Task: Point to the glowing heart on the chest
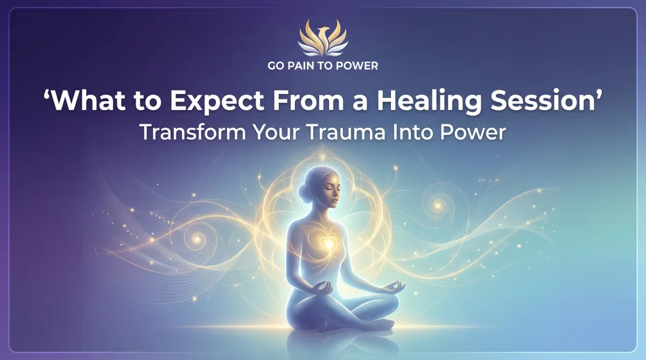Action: click(x=328, y=244)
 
